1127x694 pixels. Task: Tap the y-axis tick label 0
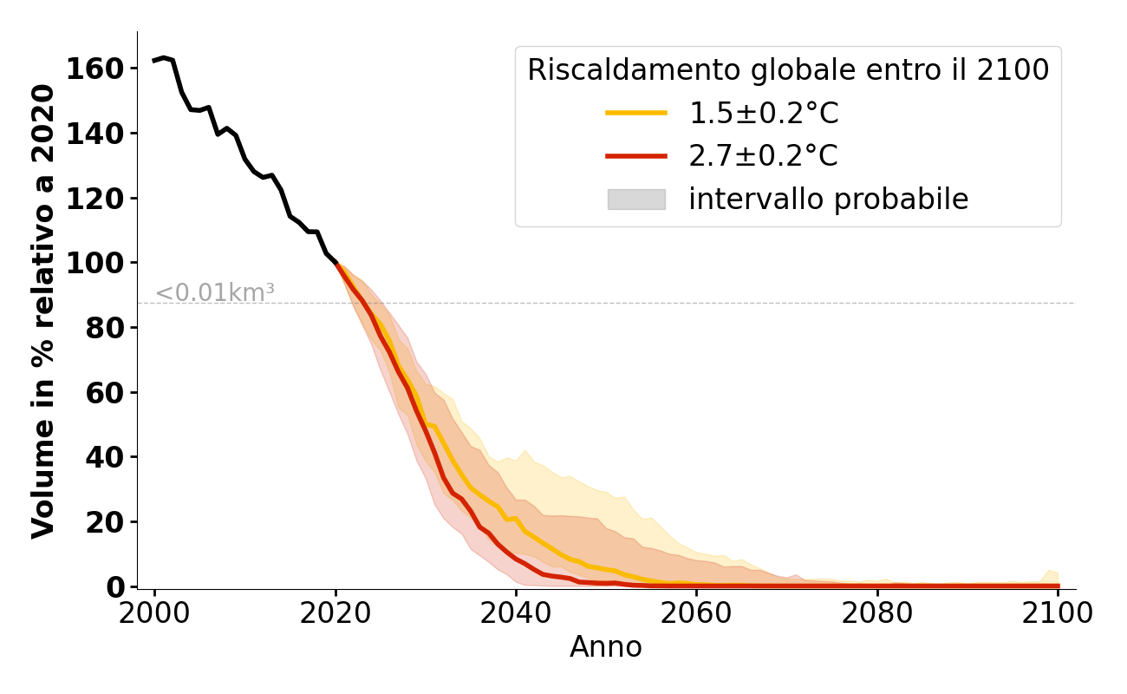pos(115,587)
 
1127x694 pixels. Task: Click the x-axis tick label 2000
pos(154,613)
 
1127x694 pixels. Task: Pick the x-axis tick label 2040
pos(516,613)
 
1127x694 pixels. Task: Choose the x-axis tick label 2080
pos(877,613)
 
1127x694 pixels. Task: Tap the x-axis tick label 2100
pos(1058,613)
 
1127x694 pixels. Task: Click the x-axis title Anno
pos(606,647)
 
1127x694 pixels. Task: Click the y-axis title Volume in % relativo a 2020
pos(43,311)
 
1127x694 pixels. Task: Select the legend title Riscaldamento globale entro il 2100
pos(788,70)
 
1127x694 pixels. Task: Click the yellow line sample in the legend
pos(636,113)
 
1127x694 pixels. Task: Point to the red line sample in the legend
pos(636,156)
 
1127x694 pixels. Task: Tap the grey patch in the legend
pos(636,200)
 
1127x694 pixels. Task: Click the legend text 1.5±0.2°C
pos(764,113)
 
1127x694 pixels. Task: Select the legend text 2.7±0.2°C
pos(764,156)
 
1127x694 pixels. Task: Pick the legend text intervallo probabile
pos(828,200)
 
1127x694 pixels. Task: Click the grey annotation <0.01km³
pos(215,293)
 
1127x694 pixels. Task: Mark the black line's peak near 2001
pos(164,58)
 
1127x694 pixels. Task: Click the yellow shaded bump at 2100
pos(1052,576)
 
